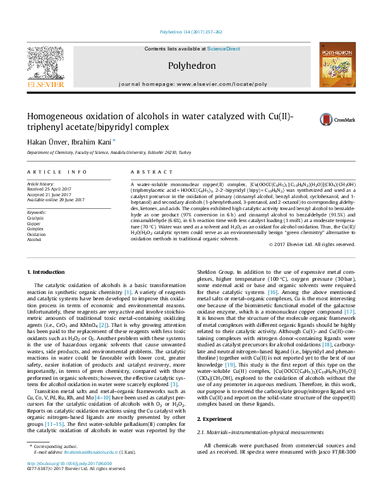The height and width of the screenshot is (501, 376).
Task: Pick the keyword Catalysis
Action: point(37,218)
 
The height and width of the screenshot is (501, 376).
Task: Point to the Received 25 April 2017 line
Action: point(51,189)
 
